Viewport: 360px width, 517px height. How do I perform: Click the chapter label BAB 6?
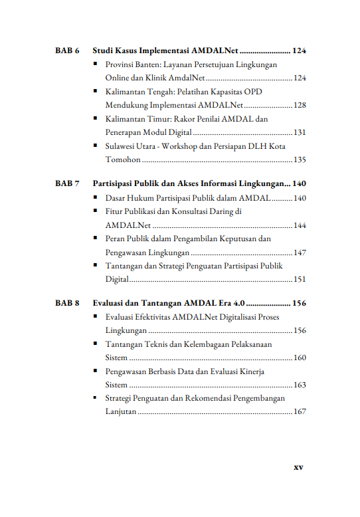tap(67, 51)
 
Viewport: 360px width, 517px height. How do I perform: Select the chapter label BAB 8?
tap(67, 303)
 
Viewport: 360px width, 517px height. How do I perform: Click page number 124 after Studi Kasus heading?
tap(299, 51)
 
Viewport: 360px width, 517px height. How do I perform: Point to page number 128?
tap(300, 106)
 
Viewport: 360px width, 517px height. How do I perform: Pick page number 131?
tap(300, 133)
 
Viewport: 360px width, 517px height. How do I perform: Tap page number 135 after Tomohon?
tap(300, 160)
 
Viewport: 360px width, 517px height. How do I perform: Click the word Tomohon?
tap(122, 160)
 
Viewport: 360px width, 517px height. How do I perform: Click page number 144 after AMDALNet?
tap(300, 226)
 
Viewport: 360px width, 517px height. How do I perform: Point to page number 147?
tap(300, 253)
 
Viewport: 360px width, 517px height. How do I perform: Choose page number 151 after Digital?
tap(300, 280)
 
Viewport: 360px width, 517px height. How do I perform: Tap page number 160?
tap(300, 358)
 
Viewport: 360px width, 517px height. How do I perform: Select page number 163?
tap(300, 385)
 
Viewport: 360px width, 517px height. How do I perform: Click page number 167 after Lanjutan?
tap(300, 412)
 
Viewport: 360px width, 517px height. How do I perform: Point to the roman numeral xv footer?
tap(298, 467)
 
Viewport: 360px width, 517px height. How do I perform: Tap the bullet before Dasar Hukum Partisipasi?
tap(97, 197)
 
